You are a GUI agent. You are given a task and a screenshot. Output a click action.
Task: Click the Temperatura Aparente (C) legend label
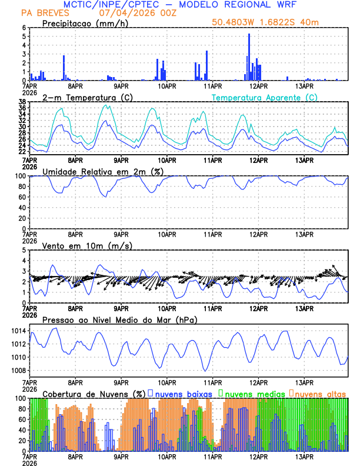click(x=264, y=97)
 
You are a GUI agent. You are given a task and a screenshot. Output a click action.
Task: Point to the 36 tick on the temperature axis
click(x=22, y=108)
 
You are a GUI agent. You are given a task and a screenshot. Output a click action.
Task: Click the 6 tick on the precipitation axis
click(x=24, y=28)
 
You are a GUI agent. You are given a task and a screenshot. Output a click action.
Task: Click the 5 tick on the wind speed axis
click(x=24, y=250)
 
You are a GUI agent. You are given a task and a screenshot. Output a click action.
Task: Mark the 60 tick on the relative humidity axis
click(x=22, y=197)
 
